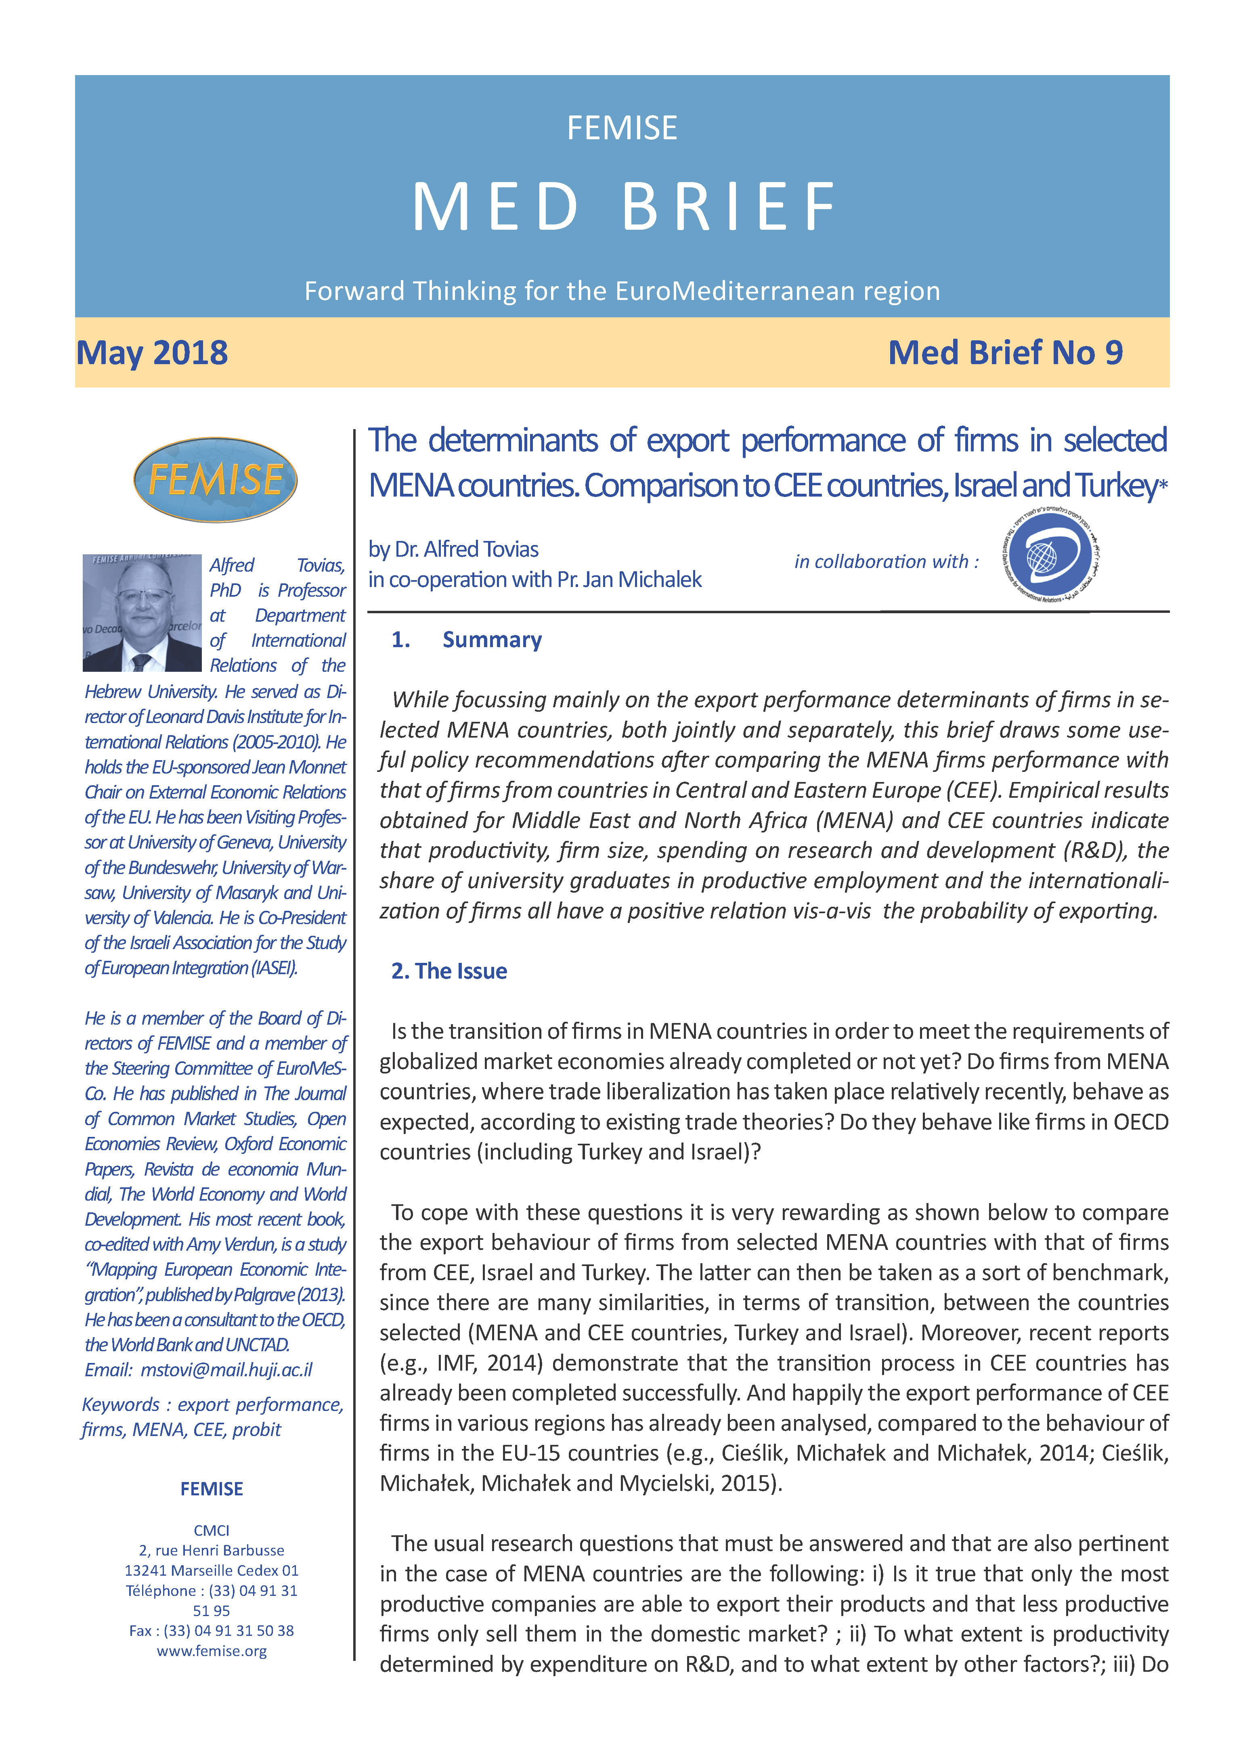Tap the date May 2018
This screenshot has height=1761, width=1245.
(152, 353)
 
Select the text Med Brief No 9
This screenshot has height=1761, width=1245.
(1005, 353)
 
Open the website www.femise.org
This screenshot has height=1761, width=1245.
(212, 1650)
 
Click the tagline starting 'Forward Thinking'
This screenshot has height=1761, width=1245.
(622, 291)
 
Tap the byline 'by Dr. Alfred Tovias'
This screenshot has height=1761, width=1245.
(453, 549)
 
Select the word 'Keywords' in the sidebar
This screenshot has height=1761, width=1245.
(119, 1405)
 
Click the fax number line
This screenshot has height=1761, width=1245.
(212, 1631)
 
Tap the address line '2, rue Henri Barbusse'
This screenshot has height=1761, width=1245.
(212, 1550)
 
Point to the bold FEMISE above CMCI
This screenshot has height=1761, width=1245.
(212, 1489)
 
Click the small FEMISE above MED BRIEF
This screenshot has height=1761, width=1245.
(622, 128)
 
